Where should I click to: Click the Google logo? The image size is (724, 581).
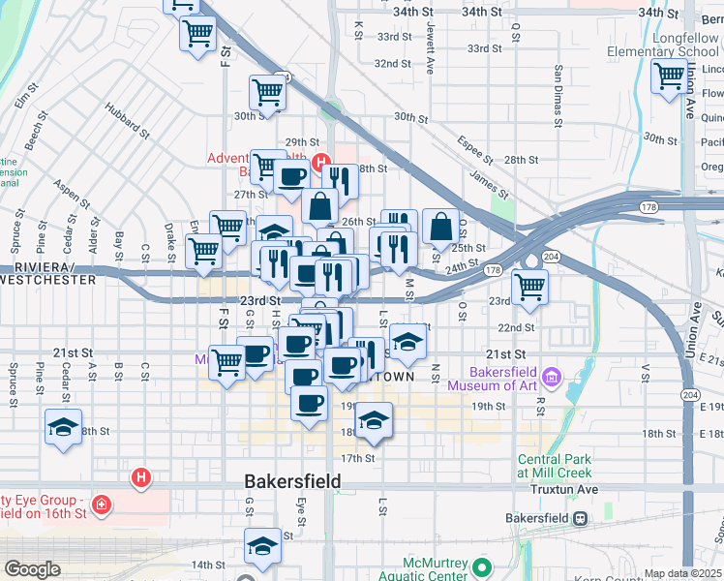pos(32,569)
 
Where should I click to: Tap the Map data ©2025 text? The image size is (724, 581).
pos(683,573)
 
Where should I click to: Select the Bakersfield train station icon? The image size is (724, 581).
pos(580,518)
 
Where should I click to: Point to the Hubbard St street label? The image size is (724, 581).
pos(128,122)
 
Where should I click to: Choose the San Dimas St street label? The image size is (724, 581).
pos(558,97)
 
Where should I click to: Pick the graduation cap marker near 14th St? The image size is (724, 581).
pos(261,547)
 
